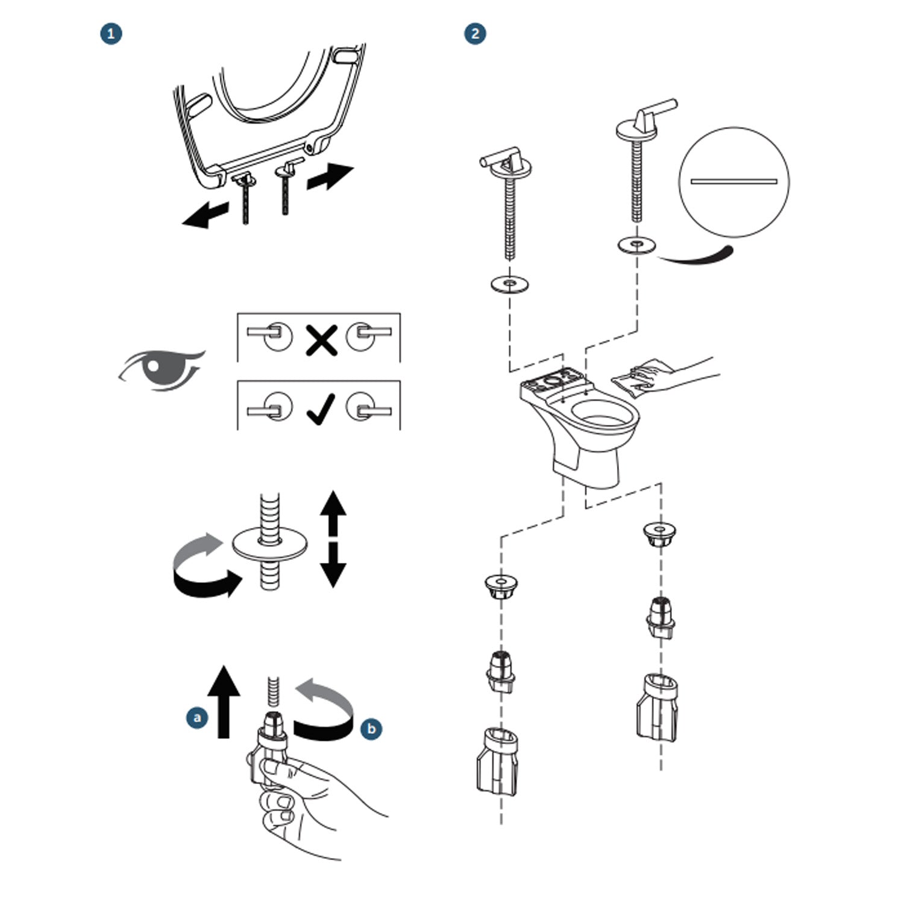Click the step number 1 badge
point(111,34)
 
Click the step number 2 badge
point(476,34)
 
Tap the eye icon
point(162,369)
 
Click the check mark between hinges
point(320,410)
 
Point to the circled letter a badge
point(196,717)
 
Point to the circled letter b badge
point(371,729)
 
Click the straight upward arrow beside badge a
point(224,702)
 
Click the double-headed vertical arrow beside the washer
point(333,538)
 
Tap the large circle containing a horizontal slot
point(733,181)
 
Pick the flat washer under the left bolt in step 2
point(510,283)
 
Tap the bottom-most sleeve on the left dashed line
point(497,761)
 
